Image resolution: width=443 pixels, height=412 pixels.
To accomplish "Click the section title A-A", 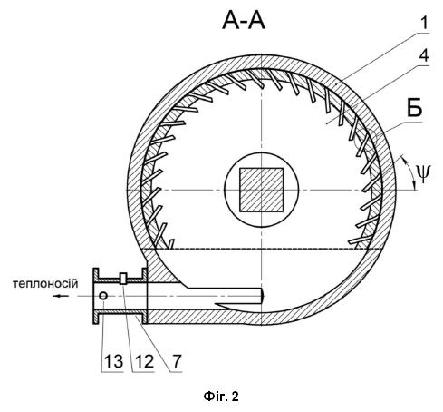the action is (244, 21).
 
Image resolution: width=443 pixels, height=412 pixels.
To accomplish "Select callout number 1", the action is (424, 23).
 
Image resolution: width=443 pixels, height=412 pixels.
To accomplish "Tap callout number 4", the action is (424, 55).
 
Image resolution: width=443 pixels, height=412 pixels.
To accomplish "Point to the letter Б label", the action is (414, 108).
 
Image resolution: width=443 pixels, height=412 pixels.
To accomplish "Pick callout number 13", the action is (113, 361).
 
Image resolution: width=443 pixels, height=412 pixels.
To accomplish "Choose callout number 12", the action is (144, 361).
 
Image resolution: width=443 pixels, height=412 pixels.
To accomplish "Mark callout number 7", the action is (177, 361).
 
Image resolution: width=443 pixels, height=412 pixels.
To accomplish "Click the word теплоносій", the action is (45, 283).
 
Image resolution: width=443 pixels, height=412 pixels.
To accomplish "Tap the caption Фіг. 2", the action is (221, 397).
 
